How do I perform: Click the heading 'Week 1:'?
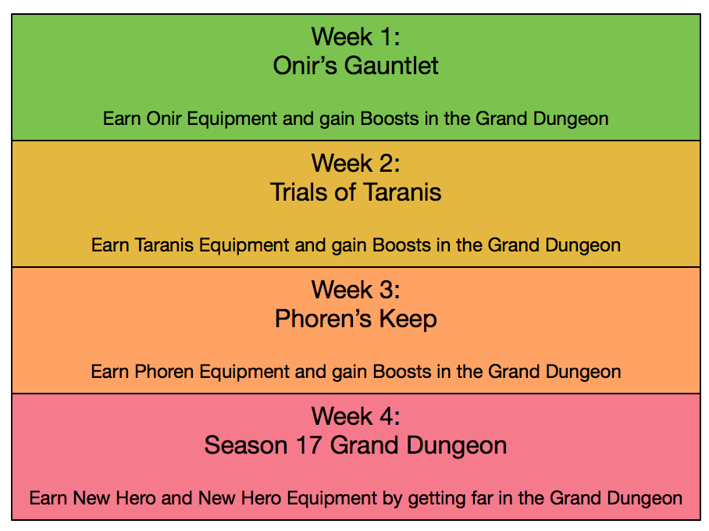[355, 37]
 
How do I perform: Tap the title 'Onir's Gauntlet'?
[355, 66]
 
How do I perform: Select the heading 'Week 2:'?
[355, 163]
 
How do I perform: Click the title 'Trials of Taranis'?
[355, 192]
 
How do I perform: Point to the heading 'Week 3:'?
[355, 290]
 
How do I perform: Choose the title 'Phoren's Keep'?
[356, 319]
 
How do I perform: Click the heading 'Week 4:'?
[355, 416]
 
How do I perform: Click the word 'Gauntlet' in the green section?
[391, 66]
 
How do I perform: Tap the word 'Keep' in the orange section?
[408, 319]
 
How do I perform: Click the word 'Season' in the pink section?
[246, 446]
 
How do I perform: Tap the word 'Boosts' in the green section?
[390, 119]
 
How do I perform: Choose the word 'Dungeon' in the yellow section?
[583, 246]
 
